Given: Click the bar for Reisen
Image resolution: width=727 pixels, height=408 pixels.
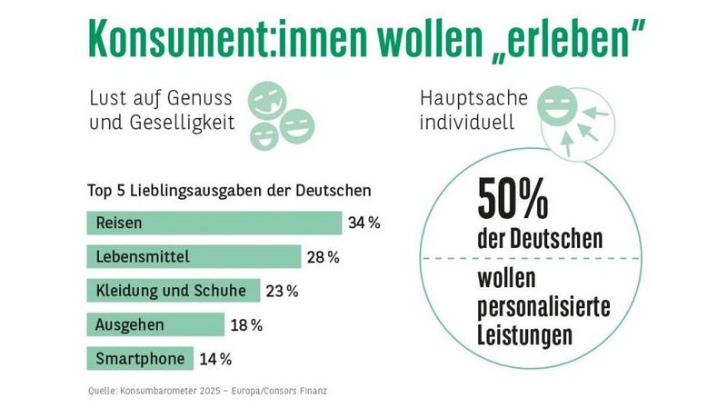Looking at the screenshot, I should (214, 223).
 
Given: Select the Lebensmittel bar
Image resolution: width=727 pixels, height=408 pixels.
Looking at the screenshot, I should (194, 257).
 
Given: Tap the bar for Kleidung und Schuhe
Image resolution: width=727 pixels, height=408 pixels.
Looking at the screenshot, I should (173, 291).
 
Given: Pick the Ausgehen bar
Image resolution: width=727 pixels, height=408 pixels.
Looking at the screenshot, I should (155, 324).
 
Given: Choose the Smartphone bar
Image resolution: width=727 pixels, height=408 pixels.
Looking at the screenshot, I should (141, 358).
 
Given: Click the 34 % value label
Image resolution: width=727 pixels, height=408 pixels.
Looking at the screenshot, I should (363, 223).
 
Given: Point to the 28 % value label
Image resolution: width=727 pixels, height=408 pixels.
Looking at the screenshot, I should (323, 257).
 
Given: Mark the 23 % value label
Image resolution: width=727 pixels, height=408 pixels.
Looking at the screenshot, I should (282, 291).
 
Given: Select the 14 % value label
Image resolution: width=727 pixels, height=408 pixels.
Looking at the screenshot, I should (214, 359).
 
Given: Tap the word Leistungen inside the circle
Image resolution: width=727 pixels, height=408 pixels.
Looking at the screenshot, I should (525, 334).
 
